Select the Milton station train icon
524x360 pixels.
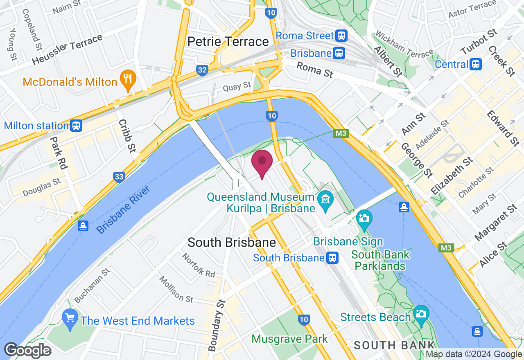(76, 125)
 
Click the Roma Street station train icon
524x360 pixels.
(341, 36)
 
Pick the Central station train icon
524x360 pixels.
(476, 64)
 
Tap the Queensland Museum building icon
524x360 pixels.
(326, 200)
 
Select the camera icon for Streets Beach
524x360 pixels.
(420, 314)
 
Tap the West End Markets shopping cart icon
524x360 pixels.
(70, 318)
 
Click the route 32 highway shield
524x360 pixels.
(202, 70)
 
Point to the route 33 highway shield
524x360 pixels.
(119, 177)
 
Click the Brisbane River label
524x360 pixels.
(124, 210)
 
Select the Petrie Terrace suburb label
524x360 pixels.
(228, 42)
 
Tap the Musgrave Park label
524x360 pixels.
(289, 339)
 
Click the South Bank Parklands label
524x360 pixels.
(380, 260)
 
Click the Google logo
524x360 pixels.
(28, 350)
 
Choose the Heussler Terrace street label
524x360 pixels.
(67, 49)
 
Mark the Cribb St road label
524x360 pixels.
(127, 136)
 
